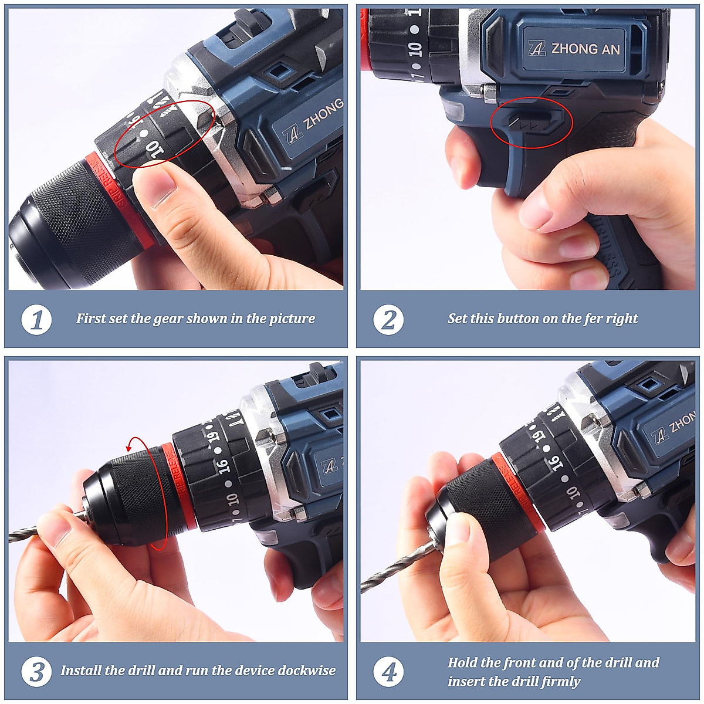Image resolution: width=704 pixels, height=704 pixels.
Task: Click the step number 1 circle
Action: [36, 320]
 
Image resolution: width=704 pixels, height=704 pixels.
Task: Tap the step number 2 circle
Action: [388, 320]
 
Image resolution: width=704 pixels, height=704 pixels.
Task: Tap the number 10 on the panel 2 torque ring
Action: [416, 49]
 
